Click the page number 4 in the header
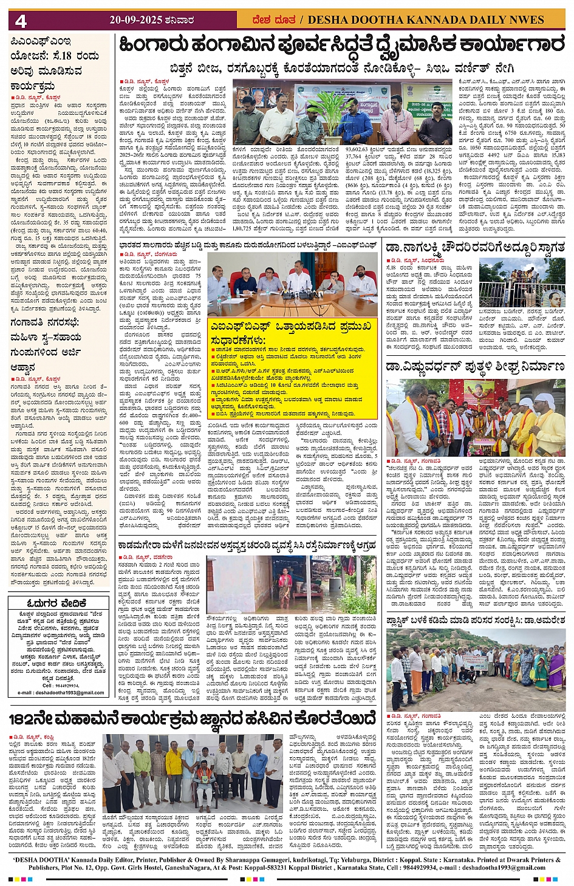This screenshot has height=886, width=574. coord(21,21)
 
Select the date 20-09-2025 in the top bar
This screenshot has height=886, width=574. coord(135,20)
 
